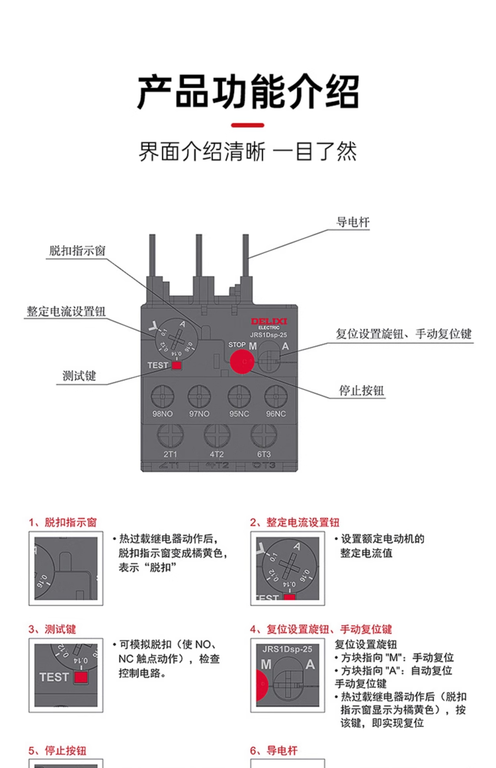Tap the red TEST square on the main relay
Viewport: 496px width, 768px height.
pos(176,365)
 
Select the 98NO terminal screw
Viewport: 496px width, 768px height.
pos(162,396)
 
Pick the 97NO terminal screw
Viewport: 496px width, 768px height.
pos(199,396)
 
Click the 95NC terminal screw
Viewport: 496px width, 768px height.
pos(239,396)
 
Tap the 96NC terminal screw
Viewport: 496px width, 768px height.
pos(276,396)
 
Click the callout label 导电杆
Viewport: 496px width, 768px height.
pos(353,222)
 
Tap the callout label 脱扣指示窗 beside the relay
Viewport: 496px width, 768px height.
pos(77,251)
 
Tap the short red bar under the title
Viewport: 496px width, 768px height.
pos(248,125)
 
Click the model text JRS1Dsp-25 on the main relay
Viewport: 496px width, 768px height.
pos(268,335)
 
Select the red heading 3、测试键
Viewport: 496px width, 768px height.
pos(52,629)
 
